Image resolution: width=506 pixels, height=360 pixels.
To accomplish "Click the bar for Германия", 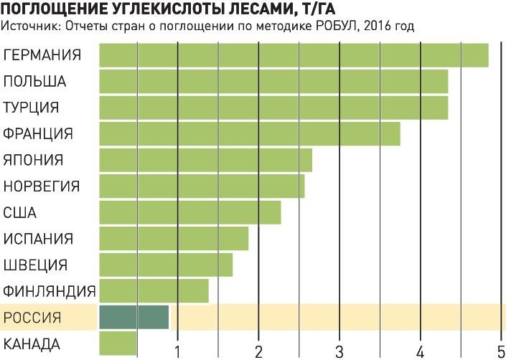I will click(293, 55).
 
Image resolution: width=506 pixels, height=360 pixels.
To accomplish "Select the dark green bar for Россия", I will click(133, 317).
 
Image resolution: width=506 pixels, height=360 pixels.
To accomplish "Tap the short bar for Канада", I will click(117, 343).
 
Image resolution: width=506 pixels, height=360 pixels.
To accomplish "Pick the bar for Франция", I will click(249, 134).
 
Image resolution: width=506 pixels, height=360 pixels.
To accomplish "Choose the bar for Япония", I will click(205, 160).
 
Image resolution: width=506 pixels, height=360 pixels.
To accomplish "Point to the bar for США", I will click(189, 212).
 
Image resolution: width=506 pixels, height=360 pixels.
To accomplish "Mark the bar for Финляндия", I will click(154, 290).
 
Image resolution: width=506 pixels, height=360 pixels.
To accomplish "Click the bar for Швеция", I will click(165, 265).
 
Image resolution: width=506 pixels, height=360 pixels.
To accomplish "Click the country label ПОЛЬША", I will click(34, 81).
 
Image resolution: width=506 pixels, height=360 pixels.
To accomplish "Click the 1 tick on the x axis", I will click(177, 351).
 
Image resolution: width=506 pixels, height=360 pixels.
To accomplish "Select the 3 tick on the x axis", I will click(339, 351).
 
